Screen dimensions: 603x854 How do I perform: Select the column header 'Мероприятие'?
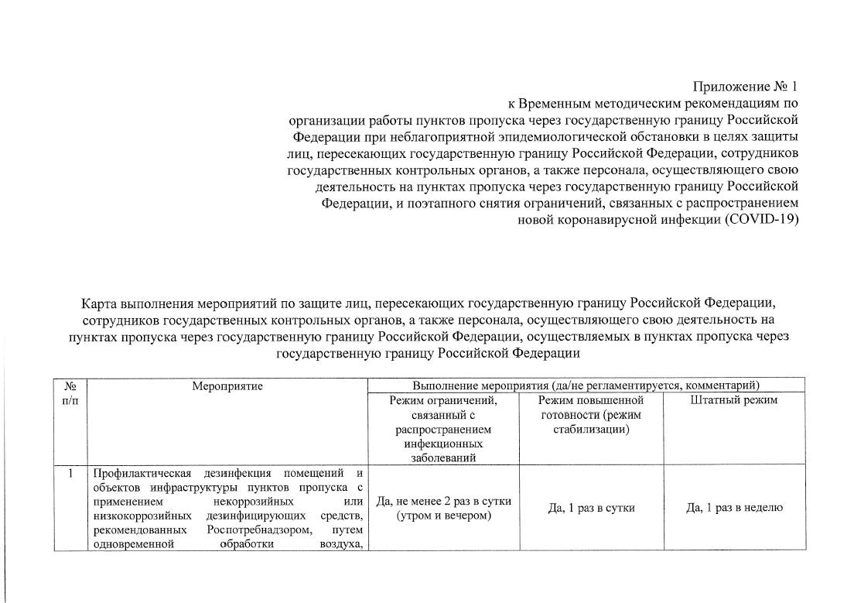point(227,385)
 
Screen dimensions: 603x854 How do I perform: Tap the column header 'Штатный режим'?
point(733,399)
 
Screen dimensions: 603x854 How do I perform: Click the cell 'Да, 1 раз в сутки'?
point(590,508)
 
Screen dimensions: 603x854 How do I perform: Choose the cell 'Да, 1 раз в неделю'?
point(735,508)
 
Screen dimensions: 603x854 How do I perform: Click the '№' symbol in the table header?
point(70,385)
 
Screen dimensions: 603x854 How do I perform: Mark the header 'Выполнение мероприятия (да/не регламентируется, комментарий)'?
point(586,385)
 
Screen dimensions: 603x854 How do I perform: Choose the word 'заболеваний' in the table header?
point(443,458)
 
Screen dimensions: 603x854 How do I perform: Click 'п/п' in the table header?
point(70,399)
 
